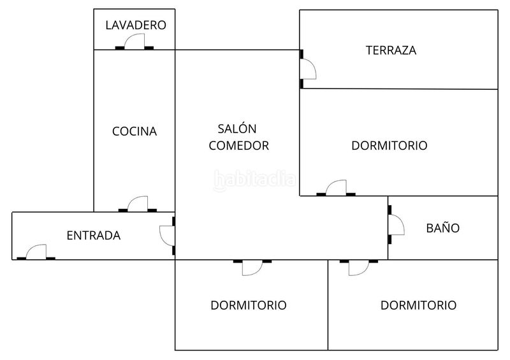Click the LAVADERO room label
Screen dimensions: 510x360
pos(136,25)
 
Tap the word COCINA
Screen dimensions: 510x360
pos(135,131)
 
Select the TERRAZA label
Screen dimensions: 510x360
pos(391,50)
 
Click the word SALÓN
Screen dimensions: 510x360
pos(237,128)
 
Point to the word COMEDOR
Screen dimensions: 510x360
pos(238,145)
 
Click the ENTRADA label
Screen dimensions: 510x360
pos(94,236)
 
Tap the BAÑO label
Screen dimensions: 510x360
pos(442,227)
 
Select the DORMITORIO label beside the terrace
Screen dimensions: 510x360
pos(390,145)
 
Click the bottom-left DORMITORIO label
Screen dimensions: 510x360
pos(249,305)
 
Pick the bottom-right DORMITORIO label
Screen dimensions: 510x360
pos(418,305)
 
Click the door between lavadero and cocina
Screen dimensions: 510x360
pos(135,41)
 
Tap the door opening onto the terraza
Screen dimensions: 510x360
pos(307,69)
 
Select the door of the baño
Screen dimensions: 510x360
pos(396,225)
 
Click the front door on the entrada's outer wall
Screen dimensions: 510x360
pos(36,252)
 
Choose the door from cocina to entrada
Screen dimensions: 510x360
pos(138,204)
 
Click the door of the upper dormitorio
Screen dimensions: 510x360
pos(336,188)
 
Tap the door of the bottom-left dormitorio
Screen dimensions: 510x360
pos(252,268)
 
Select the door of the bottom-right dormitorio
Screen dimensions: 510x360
pos(359,268)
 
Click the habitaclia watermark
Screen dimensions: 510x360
pos(254,180)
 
